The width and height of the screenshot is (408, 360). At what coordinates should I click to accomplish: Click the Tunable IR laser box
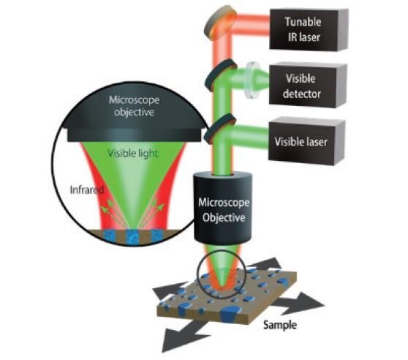click(309, 30)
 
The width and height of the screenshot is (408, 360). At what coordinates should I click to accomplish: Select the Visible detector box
click(308, 86)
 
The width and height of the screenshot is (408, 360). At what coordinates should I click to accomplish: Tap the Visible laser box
click(307, 142)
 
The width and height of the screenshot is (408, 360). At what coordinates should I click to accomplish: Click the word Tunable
click(303, 22)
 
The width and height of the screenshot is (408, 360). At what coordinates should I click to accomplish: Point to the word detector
click(302, 94)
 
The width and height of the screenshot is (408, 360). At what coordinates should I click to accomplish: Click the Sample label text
click(280, 325)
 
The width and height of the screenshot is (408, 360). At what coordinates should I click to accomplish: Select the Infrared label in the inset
click(87, 190)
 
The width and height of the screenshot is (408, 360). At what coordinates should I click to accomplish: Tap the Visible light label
click(132, 154)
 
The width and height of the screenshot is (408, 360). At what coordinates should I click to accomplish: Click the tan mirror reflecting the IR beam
click(220, 23)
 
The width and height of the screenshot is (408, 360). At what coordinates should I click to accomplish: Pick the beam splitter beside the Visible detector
click(221, 75)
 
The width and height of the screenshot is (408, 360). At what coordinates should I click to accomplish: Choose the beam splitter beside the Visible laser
click(220, 129)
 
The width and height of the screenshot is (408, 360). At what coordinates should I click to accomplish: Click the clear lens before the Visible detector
click(251, 80)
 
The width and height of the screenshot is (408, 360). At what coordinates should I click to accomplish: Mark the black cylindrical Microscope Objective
click(223, 208)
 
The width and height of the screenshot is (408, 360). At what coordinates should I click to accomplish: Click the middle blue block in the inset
click(133, 236)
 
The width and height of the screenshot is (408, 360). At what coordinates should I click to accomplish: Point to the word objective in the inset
click(135, 113)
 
